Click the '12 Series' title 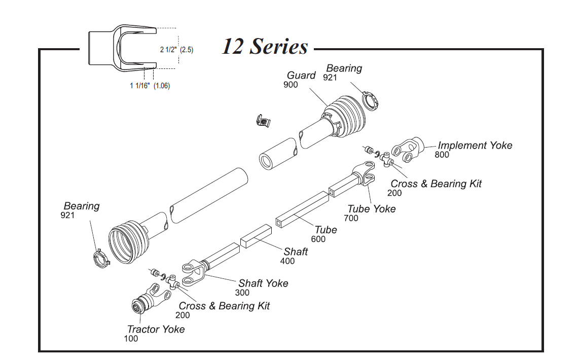(265, 47)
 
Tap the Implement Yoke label (475, 146)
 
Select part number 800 (442, 155)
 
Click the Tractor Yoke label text (156, 330)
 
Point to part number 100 (131, 339)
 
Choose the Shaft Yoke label (263, 283)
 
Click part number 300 (242, 293)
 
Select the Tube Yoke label (371, 209)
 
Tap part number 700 (351, 219)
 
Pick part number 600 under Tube (318, 239)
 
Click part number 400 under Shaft (287, 261)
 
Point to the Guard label (301, 76)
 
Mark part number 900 (291, 85)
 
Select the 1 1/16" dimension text (140, 86)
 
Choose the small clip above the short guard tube (263, 121)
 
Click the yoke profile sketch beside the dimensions (120, 46)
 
